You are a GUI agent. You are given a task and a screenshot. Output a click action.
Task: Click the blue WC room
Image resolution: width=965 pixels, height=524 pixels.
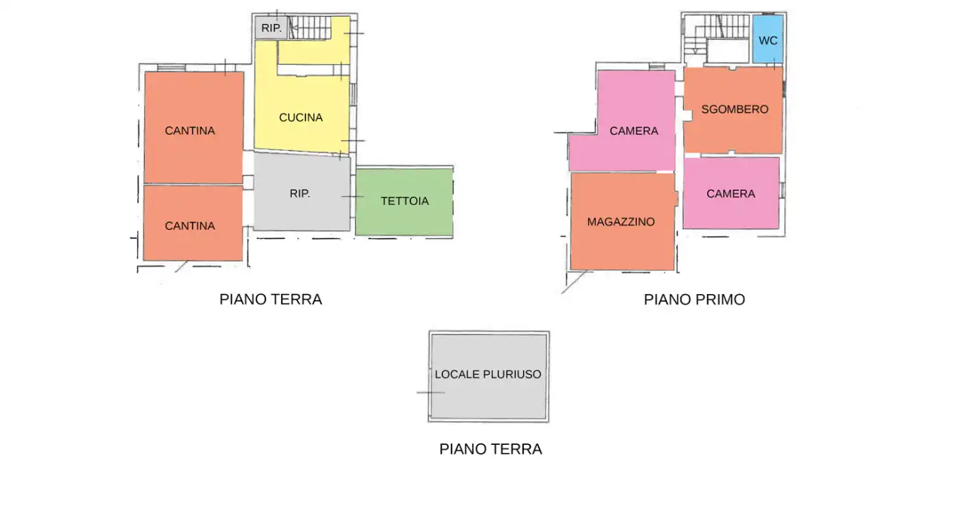767,41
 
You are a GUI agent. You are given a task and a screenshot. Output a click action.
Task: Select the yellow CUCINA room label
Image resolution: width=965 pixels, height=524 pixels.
301,118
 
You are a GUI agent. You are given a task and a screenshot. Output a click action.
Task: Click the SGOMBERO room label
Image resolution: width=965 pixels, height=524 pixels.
734,109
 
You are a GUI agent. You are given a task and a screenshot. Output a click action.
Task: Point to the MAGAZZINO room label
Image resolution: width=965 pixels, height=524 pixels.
621,222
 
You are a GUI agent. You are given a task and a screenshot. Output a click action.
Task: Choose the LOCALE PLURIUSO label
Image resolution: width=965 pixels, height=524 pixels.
488,374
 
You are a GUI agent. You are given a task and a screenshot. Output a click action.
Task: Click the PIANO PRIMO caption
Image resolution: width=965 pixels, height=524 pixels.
694,299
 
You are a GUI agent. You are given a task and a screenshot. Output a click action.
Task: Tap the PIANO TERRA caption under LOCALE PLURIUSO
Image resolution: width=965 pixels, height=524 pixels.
491,449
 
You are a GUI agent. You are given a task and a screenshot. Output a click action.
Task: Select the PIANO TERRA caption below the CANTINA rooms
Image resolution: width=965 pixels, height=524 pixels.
271,299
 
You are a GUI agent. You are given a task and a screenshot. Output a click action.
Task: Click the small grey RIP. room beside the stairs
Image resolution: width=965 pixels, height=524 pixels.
271,28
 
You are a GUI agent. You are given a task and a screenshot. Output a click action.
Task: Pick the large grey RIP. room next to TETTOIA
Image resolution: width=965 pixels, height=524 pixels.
300,194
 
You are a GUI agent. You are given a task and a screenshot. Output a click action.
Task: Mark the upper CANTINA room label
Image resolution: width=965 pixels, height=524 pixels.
190,131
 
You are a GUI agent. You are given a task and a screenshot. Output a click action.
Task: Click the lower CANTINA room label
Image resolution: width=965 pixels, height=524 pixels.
190,226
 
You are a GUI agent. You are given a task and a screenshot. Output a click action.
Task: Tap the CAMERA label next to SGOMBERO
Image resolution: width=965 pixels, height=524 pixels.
634,131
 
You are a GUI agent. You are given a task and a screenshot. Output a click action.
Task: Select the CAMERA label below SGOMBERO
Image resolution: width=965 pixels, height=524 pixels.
731,194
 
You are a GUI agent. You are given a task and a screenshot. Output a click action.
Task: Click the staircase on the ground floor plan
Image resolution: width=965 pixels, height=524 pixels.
311,28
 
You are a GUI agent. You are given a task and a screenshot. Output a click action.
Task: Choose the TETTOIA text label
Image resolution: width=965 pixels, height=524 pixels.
405,201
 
